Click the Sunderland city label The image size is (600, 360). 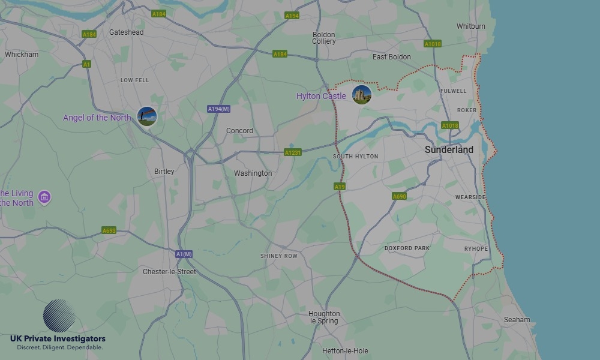(x=449, y=150)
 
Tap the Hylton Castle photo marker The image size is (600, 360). (x=362, y=95)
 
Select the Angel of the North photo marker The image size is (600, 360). (x=147, y=116)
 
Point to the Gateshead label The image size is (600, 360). (x=126, y=32)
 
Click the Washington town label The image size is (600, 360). (x=253, y=173)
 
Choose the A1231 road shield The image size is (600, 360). (x=293, y=152)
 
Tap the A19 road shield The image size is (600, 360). (x=340, y=187)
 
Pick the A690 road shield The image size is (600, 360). (x=400, y=196)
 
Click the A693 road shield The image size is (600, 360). (x=109, y=230)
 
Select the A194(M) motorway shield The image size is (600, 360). (x=219, y=109)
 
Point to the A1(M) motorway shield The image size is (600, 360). (x=184, y=254)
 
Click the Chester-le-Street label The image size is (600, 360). (x=169, y=272)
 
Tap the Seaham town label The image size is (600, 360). (x=517, y=320)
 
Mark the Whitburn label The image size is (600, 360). (x=471, y=26)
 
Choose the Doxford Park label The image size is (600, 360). (x=407, y=248)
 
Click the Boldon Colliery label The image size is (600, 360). (x=324, y=38)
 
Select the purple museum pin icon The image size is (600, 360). (x=44, y=196)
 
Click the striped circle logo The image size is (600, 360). (x=59, y=316)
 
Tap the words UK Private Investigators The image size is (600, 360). (x=58, y=339)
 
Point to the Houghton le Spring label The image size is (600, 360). (x=324, y=317)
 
